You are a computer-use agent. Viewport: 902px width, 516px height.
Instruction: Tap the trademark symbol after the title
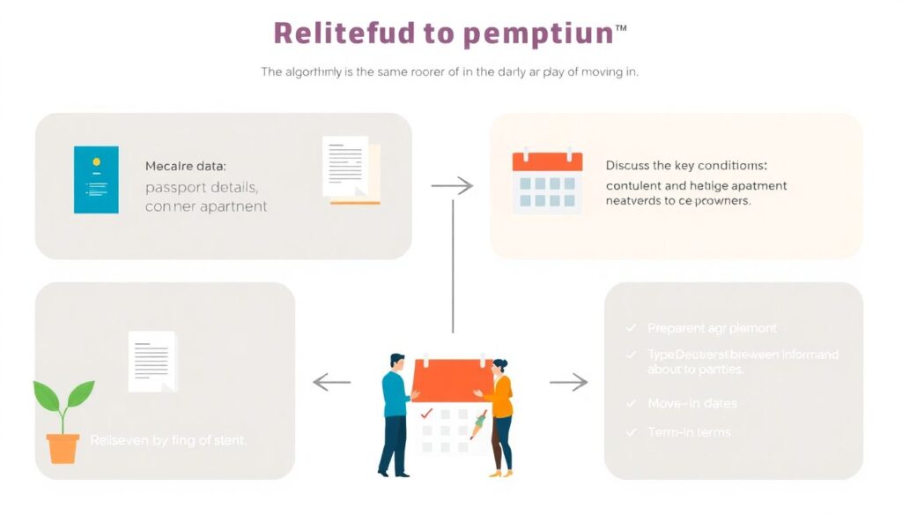(x=621, y=28)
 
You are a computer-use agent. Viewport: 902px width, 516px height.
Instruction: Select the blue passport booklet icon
(x=96, y=180)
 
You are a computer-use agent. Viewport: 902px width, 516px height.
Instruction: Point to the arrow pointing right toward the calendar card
(x=452, y=185)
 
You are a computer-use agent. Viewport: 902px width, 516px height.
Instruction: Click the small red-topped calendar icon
(x=547, y=182)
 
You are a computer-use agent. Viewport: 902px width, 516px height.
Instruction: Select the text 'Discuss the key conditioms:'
(x=686, y=165)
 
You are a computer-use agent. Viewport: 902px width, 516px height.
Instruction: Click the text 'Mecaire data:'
(x=185, y=165)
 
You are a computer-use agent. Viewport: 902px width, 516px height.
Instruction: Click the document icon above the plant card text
(x=152, y=362)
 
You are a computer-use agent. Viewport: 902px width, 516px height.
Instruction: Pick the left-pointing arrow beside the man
(x=332, y=382)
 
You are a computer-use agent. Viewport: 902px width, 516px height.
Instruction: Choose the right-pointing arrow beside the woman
(x=568, y=382)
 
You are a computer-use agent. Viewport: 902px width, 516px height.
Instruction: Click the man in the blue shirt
(x=396, y=413)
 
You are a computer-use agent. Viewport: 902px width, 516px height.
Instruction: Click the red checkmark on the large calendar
(x=427, y=412)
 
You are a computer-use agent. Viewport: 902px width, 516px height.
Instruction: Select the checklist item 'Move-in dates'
(x=692, y=403)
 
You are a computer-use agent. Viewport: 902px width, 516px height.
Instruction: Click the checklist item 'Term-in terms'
(x=689, y=432)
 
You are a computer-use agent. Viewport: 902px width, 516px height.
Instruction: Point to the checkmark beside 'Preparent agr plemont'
(x=631, y=328)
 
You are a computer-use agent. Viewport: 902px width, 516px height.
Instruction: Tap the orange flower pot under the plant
(x=63, y=447)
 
